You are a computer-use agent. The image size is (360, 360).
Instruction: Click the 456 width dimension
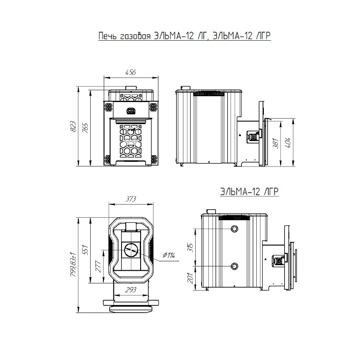pyautogui.click(x=130, y=72)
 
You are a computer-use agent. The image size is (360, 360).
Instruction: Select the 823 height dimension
pyautogui.click(x=73, y=126)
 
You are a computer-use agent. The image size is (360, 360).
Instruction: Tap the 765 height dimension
pyautogui.click(x=85, y=128)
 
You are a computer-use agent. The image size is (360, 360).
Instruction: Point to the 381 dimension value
pyautogui.click(x=276, y=143)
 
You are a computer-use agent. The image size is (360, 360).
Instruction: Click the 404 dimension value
pyautogui.click(x=288, y=143)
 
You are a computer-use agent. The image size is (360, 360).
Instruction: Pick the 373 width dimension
pyautogui.click(x=130, y=199)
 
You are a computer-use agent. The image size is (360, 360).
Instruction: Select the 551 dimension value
pyautogui.click(x=85, y=250)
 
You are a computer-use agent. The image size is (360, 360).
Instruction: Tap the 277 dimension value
pyautogui.click(x=98, y=266)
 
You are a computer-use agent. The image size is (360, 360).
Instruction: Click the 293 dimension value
pyautogui.click(x=130, y=290)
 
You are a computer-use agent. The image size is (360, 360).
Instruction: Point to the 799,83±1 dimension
pyautogui.click(x=73, y=264)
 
